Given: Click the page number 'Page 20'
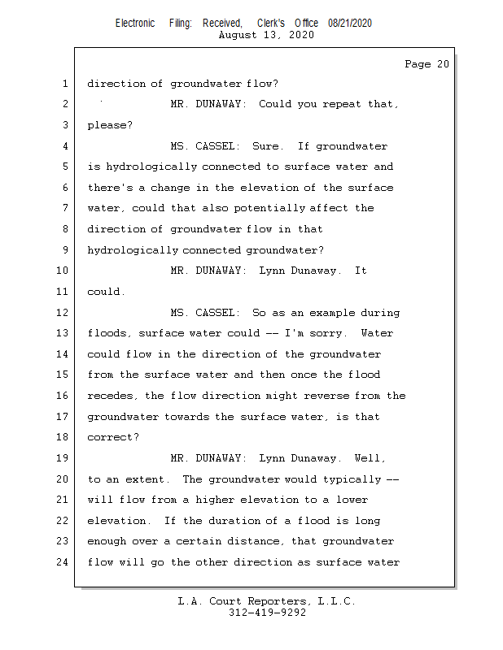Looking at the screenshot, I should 426,64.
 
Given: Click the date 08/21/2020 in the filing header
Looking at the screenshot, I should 350,24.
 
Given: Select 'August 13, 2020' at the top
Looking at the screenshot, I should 267,35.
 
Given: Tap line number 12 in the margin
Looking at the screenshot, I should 64,313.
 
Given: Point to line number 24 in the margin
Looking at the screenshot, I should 64,562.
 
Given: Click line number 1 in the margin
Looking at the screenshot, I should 64,84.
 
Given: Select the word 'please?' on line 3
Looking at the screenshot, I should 109,126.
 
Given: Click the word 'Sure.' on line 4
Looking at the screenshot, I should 268,146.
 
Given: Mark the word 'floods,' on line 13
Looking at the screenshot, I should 109,334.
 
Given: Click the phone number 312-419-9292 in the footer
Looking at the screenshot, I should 267,613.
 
